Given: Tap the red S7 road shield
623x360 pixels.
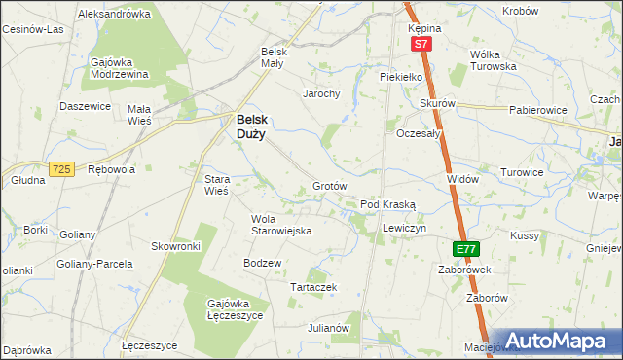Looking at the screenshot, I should tap(420, 45).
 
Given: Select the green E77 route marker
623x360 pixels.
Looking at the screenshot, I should tap(466, 249).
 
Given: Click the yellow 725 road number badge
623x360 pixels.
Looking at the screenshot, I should tap(62, 169).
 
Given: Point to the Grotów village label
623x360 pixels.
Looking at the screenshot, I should tap(330, 186).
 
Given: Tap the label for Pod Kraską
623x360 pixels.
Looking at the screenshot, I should tap(387, 205).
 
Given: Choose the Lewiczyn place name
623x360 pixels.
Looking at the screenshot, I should tap(405, 227).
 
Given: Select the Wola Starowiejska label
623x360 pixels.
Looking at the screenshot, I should tap(280, 225).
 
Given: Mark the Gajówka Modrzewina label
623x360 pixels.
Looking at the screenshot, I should tap(119, 68).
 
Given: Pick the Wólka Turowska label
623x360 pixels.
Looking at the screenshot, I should tap(493, 60).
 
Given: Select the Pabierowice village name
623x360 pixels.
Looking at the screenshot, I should tap(537, 111).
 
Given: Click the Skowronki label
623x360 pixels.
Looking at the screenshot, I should tap(175, 247).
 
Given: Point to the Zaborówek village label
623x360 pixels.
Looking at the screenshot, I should tap(463, 270).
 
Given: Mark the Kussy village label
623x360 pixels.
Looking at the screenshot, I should tap(524, 236).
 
